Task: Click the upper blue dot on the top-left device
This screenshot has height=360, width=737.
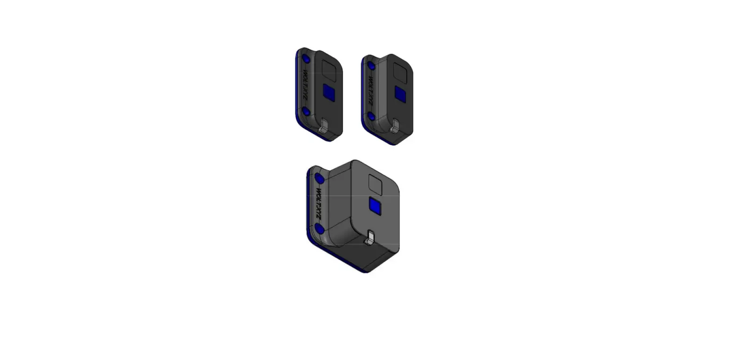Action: pyautogui.click(x=306, y=59)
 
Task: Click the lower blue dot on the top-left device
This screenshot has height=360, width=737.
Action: pyautogui.click(x=306, y=112)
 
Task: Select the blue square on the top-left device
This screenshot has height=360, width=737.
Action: pyautogui.click(x=329, y=93)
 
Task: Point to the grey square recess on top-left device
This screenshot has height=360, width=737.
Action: pyautogui.click(x=329, y=71)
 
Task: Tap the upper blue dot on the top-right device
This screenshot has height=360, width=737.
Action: pyautogui.click(x=371, y=66)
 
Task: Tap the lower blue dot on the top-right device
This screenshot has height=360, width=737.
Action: pyautogui.click(x=371, y=117)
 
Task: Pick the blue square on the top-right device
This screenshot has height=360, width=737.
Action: pyautogui.click(x=400, y=94)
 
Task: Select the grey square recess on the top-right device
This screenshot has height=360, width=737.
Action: pyautogui.click(x=400, y=73)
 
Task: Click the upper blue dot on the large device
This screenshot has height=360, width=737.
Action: pyautogui.click(x=320, y=179)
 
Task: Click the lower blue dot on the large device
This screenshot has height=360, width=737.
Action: pyautogui.click(x=320, y=229)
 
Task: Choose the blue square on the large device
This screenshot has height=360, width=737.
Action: pyautogui.click(x=375, y=206)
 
